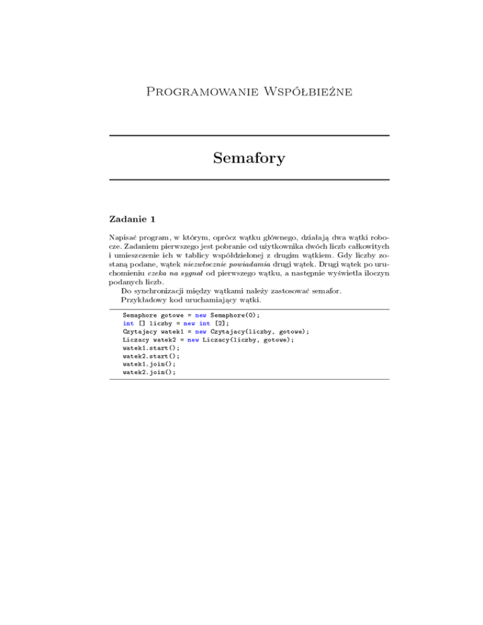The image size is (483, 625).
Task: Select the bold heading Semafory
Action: click(249, 158)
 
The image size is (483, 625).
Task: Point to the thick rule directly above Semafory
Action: click(249, 136)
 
